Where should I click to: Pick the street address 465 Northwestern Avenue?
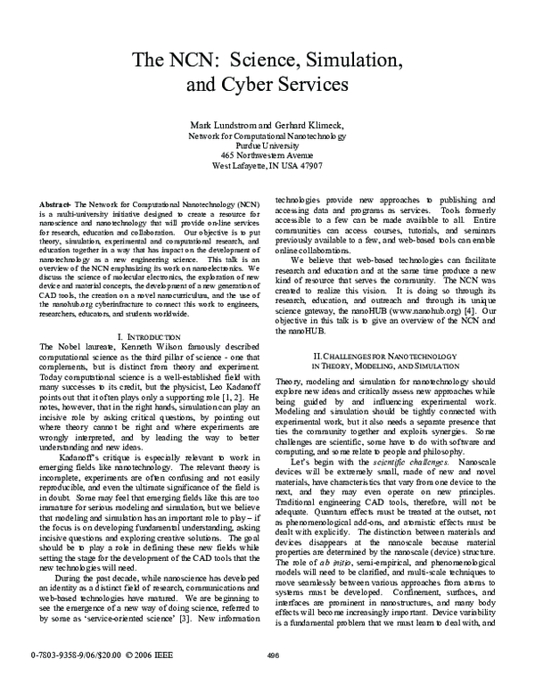coord(267,155)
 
